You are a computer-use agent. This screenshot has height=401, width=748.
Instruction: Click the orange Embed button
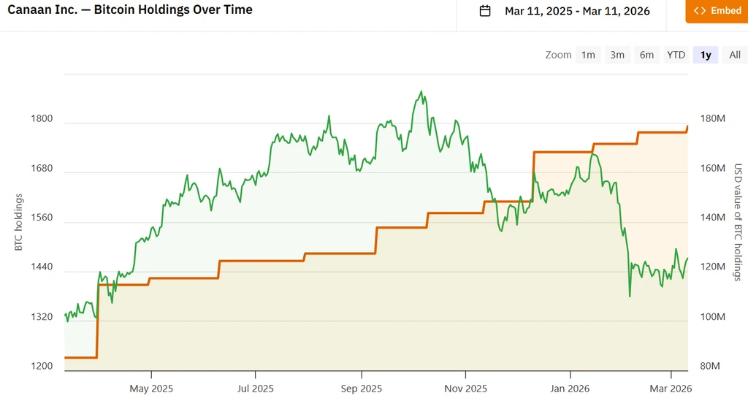click(717, 11)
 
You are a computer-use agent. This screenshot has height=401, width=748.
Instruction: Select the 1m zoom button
click(588, 55)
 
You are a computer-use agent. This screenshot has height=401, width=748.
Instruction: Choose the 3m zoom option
click(617, 55)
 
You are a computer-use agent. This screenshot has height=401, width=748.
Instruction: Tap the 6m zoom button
click(646, 55)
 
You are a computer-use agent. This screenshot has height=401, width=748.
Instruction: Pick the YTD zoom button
click(676, 55)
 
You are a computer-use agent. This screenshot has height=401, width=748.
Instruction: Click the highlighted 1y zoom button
click(706, 55)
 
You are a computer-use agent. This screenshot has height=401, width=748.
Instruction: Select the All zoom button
click(735, 55)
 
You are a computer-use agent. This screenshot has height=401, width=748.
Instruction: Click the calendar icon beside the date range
click(485, 10)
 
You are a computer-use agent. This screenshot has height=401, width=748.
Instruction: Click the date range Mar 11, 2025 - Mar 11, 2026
click(577, 11)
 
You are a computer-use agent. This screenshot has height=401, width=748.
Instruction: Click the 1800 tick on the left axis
click(42, 119)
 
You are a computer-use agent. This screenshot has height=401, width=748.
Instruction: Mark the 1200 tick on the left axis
click(42, 366)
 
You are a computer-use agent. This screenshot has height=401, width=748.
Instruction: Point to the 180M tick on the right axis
click(713, 119)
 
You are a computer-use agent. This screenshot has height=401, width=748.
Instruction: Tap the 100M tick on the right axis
click(713, 316)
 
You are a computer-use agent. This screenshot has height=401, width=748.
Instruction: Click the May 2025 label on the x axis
click(151, 389)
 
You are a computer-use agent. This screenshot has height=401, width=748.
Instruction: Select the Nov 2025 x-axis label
click(465, 389)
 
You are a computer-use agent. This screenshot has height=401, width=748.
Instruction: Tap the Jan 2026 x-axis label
click(570, 389)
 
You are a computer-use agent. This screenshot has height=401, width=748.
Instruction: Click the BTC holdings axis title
click(18, 222)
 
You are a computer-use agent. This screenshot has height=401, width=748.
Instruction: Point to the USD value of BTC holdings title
click(738, 222)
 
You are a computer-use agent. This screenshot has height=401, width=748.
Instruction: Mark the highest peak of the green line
click(421, 91)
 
